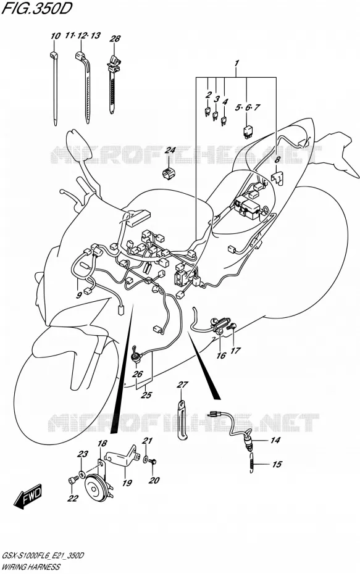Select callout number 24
point(170,150)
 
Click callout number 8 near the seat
point(277,159)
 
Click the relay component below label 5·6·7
point(248,131)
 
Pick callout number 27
point(182,385)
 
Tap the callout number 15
point(277,464)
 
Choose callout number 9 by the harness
point(79,296)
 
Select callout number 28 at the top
point(115,38)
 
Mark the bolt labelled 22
point(72,480)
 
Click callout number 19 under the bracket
point(127,483)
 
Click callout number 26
point(137,374)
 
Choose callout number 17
point(235,351)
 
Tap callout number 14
point(275,440)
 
